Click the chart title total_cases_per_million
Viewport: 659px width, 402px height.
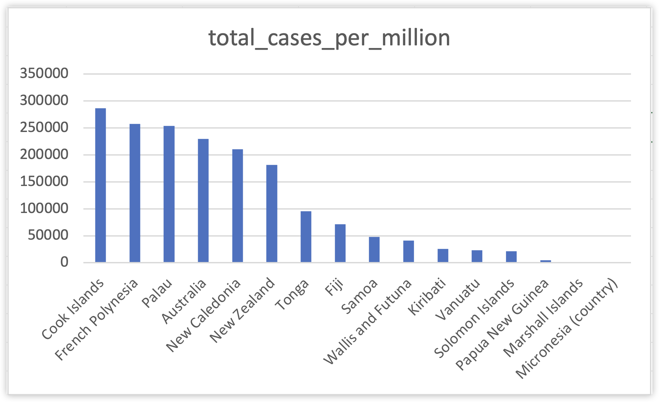point(329,38)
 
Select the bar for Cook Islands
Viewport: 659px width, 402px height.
point(100,185)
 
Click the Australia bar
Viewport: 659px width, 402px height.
point(203,200)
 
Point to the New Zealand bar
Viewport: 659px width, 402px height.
point(272,213)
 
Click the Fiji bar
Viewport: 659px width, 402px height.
point(340,243)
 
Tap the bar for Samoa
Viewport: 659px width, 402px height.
point(374,249)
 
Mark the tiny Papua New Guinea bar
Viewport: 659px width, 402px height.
point(546,261)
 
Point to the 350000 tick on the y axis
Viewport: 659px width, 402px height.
point(44,73)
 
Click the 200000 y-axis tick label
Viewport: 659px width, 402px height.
point(44,155)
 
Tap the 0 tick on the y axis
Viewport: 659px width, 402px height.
point(64,263)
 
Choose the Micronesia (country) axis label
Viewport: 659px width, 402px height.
point(567,328)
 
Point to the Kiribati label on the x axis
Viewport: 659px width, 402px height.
point(428,297)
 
